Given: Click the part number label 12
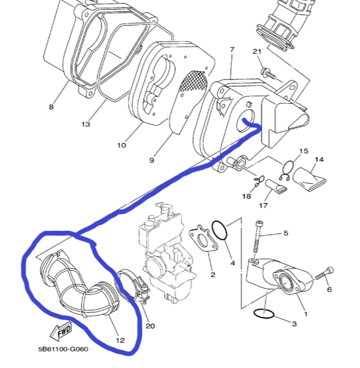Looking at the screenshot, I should click(x=120, y=341).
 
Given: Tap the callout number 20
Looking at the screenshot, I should click(x=150, y=326).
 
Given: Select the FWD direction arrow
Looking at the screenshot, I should click(x=61, y=330).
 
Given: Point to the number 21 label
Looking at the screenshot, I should click(x=257, y=52).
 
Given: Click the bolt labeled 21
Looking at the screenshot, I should click(x=268, y=74).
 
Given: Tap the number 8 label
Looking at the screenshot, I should click(x=51, y=107).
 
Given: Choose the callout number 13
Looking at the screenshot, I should click(x=85, y=124).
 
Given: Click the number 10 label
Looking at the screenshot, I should click(x=121, y=145).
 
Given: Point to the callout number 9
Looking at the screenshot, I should click(x=151, y=160).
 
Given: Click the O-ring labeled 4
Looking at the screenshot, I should click(x=219, y=230).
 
